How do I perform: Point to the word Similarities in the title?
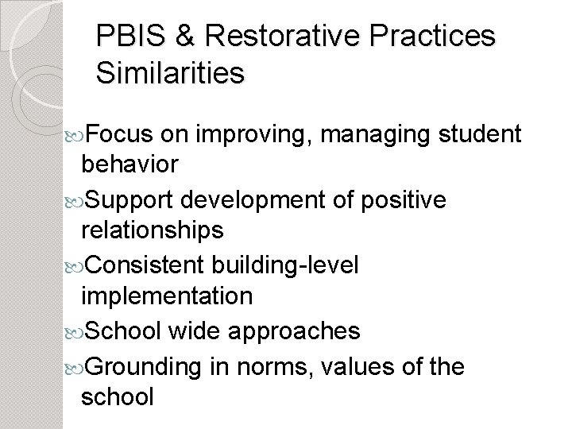point(170,74)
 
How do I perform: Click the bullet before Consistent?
point(74,265)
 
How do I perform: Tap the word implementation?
point(168,297)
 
